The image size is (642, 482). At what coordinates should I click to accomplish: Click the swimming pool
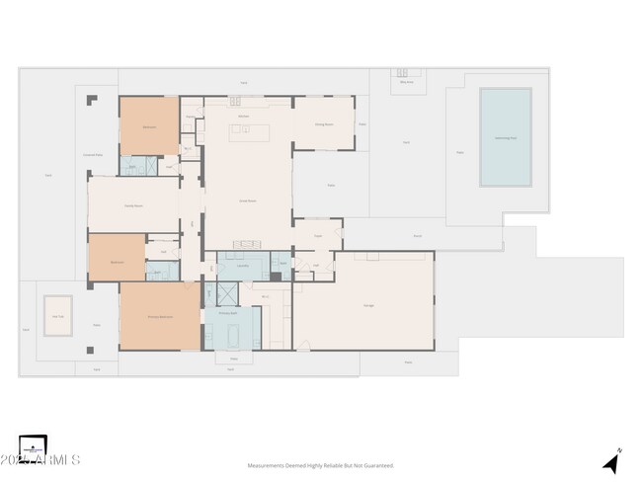tap(505, 137)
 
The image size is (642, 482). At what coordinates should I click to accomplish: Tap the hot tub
tap(58, 315)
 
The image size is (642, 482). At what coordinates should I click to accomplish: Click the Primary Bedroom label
tap(160, 316)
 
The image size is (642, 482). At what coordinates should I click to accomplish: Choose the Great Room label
tap(248, 200)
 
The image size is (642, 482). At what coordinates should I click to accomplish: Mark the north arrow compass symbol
tap(612, 461)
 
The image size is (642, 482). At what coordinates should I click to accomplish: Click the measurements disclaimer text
tap(320, 465)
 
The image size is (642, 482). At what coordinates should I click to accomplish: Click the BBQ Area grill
tap(402, 72)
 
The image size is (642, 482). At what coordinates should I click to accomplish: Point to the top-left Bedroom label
tap(149, 127)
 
